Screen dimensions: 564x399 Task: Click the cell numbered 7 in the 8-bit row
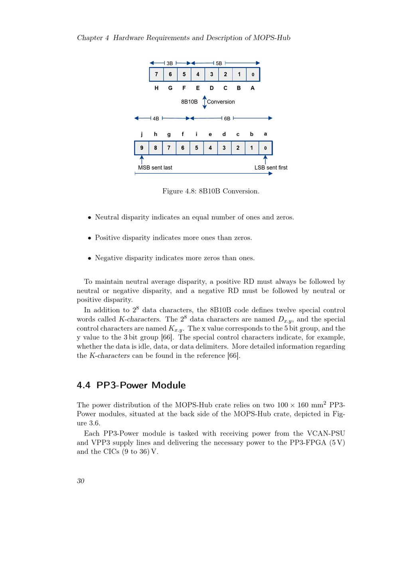(x=156, y=74)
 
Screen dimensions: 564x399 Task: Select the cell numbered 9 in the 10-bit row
(x=142, y=148)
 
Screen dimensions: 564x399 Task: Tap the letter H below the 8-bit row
(x=156, y=88)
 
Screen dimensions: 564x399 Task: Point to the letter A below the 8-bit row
(x=253, y=88)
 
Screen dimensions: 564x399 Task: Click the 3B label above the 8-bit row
(x=170, y=63)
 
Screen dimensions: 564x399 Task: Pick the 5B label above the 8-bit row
(x=219, y=63)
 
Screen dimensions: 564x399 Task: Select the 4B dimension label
(x=156, y=118)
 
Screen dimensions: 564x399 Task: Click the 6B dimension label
(x=227, y=118)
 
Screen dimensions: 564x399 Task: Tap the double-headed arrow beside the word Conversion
(x=205, y=102)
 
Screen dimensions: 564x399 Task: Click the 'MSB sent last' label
(x=155, y=168)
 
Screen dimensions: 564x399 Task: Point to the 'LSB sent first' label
(x=271, y=168)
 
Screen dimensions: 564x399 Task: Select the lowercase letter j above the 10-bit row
(x=142, y=134)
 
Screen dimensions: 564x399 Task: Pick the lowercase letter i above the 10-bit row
(x=196, y=134)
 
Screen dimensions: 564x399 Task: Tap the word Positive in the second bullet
(x=108, y=238)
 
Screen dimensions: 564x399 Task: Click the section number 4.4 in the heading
(x=83, y=385)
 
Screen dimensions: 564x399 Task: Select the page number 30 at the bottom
(x=81, y=481)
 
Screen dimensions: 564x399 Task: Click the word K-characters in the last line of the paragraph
(x=109, y=356)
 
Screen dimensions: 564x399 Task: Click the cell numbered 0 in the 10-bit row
(x=265, y=148)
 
